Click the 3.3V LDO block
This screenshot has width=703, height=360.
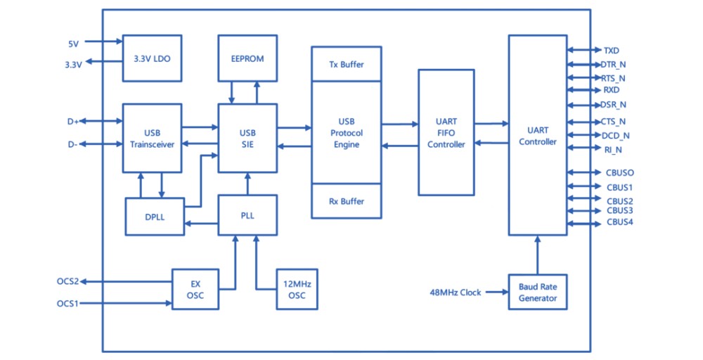(x=152, y=58)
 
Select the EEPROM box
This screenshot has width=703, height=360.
(x=247, y=58)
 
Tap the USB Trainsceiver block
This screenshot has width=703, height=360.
(x=152, y=138)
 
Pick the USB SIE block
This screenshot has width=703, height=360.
(x=247, y=138)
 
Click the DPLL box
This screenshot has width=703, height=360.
(x=154, y=217)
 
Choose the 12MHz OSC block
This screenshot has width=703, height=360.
(x=297, y=289)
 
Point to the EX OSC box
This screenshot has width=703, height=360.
(x=195, y=289)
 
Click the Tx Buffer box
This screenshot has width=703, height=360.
(x=347, y=64)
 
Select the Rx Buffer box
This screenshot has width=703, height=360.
(x=347, y=201)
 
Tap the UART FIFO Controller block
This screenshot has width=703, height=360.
(x=446, y=133)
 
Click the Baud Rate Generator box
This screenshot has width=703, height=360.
(x=538, y=292)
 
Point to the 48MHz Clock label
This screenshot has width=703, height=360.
(x=455, y=292)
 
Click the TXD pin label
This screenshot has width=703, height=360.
(x=611, y=51)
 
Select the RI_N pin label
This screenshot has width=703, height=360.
(x=613, y=149)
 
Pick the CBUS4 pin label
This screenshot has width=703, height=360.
(x=619, y=223)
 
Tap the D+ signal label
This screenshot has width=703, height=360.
(x=73, y=121)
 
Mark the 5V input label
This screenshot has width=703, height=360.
(x=73, y=44)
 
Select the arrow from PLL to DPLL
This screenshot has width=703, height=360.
(x=201, y=224)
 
